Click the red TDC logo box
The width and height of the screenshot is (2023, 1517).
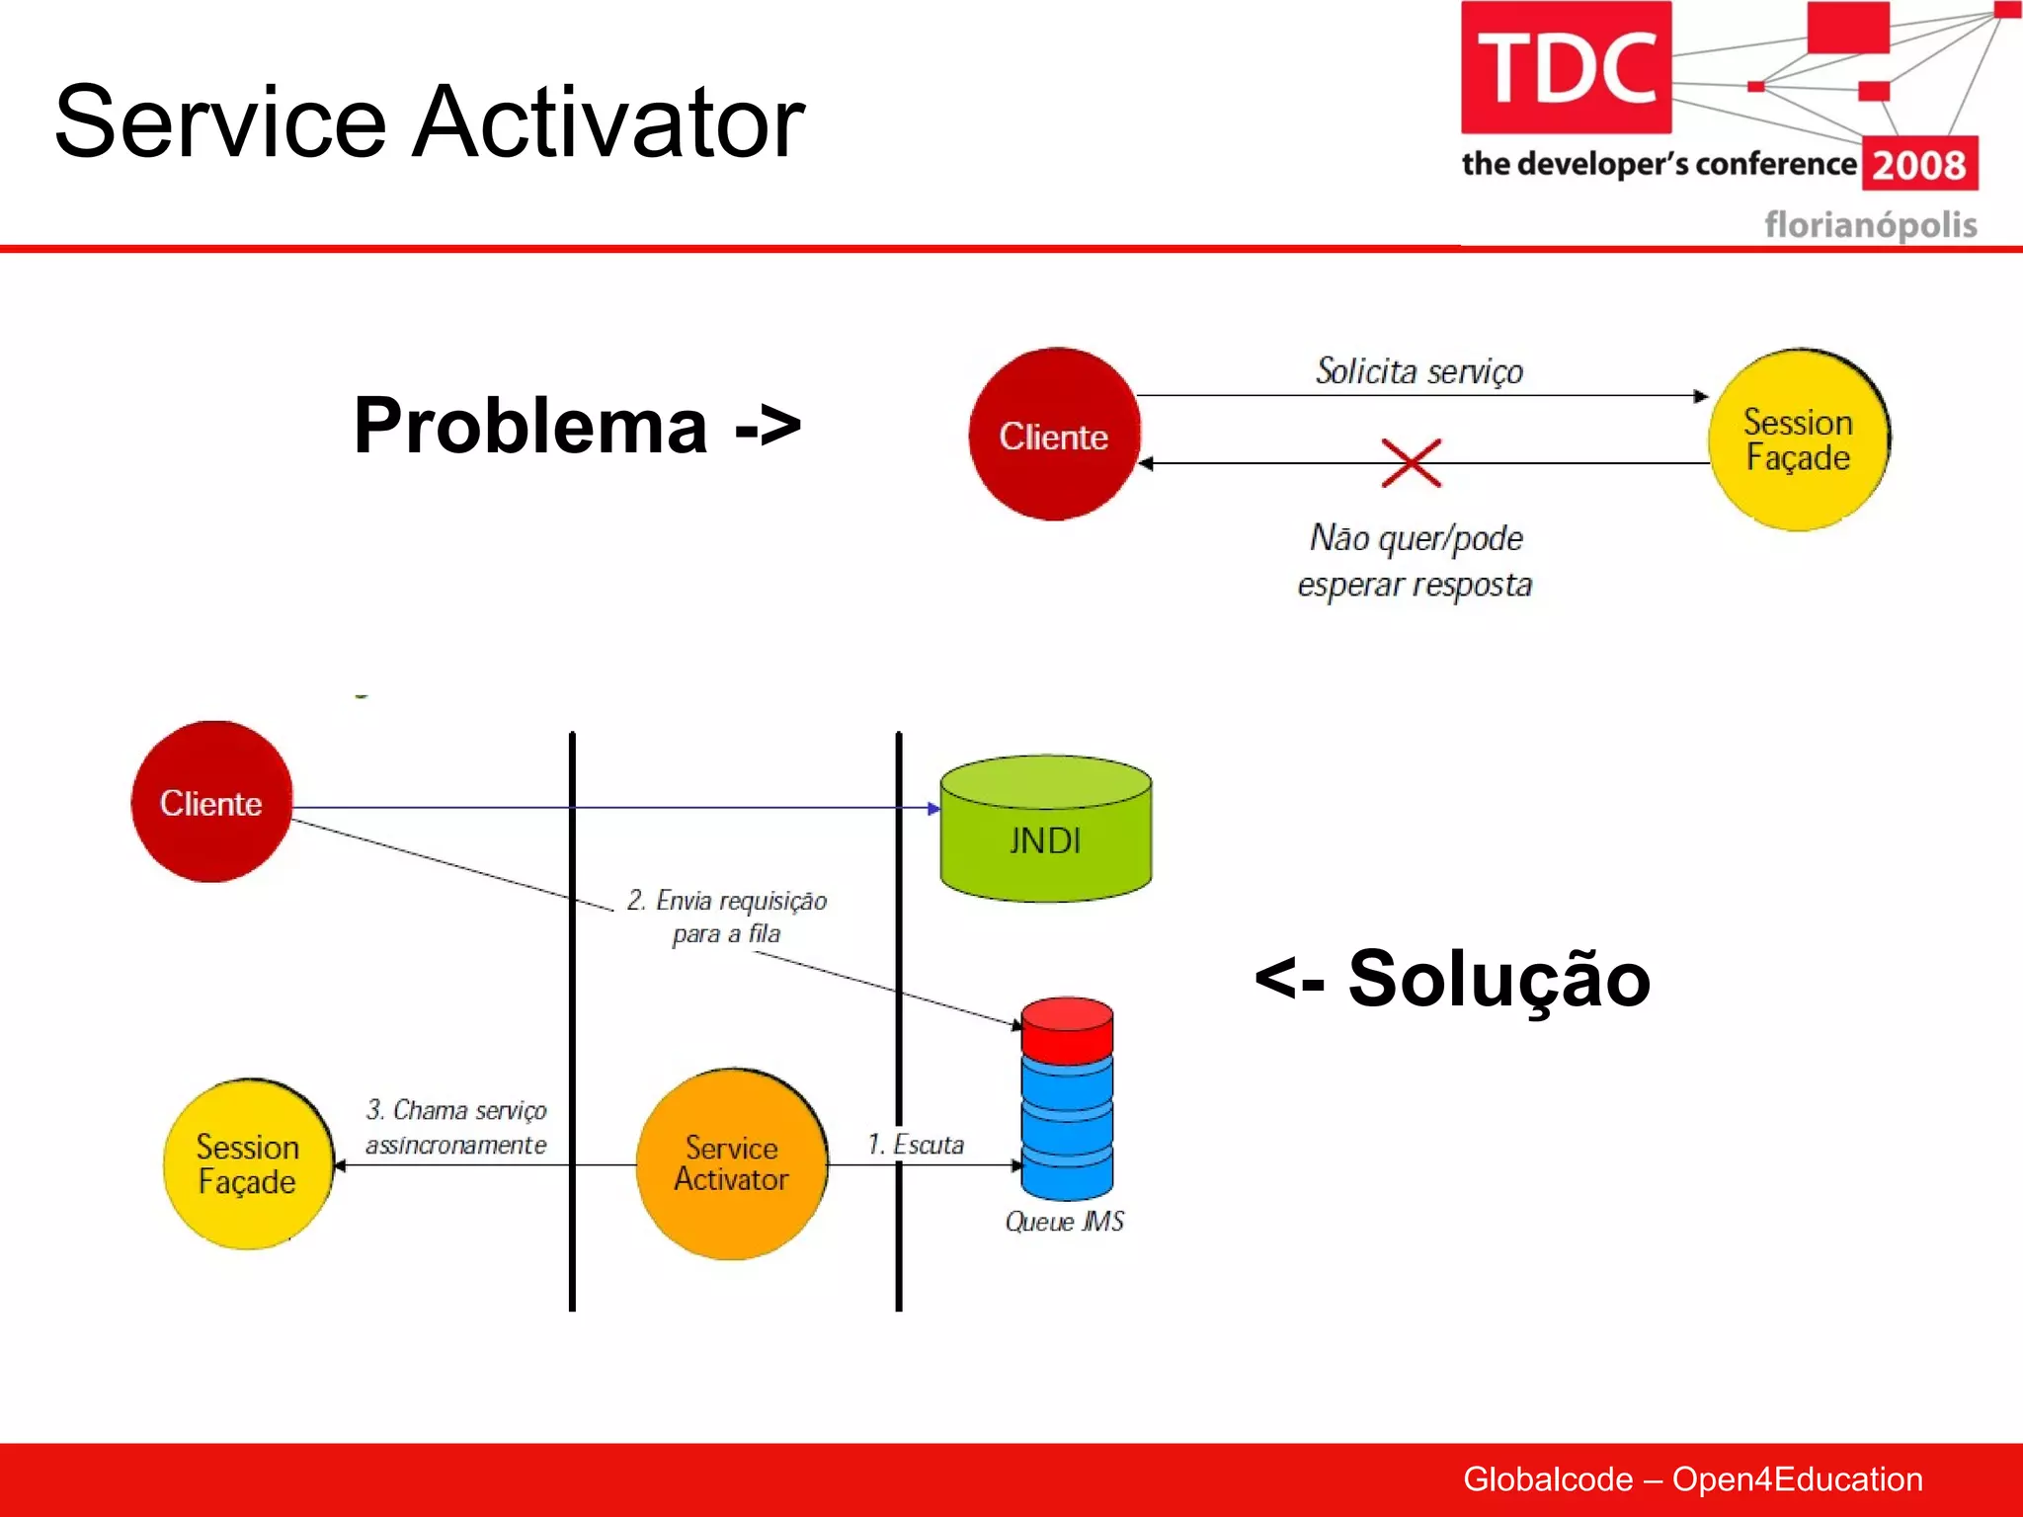tap(1566, 67)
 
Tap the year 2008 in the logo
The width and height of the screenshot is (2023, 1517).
tap(1918, 164)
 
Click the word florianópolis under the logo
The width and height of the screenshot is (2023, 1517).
tap(1870, 225)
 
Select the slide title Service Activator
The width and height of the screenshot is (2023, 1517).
tap(429, 121)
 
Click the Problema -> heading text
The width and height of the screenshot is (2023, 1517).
tap(577, 426)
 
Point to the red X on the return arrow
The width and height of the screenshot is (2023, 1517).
tap(1411, 462)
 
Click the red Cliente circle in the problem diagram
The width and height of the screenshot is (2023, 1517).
tap(1054, 435)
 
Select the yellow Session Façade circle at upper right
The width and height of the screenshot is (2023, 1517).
tap(1797, 439)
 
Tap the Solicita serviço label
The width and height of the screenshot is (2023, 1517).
tap(1418, 371)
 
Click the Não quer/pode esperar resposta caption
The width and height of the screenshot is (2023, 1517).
tap(1415, 561)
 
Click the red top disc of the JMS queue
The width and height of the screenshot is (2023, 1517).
tap(1067, 1027)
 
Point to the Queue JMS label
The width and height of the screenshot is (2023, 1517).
tap(1064, 1222)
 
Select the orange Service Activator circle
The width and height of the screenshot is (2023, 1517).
tap(731, 1163)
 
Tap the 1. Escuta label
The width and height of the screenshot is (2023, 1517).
tap(915, 1145)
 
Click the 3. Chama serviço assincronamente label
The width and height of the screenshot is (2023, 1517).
tap(455, 1127)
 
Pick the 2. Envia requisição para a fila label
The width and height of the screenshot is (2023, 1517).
tap(726, 917)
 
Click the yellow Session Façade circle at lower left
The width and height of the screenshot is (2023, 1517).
tap(247, 1164)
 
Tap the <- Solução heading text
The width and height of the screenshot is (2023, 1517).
tap(1452, 979)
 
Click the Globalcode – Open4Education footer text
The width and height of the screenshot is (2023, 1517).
tap(1692, 1478)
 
